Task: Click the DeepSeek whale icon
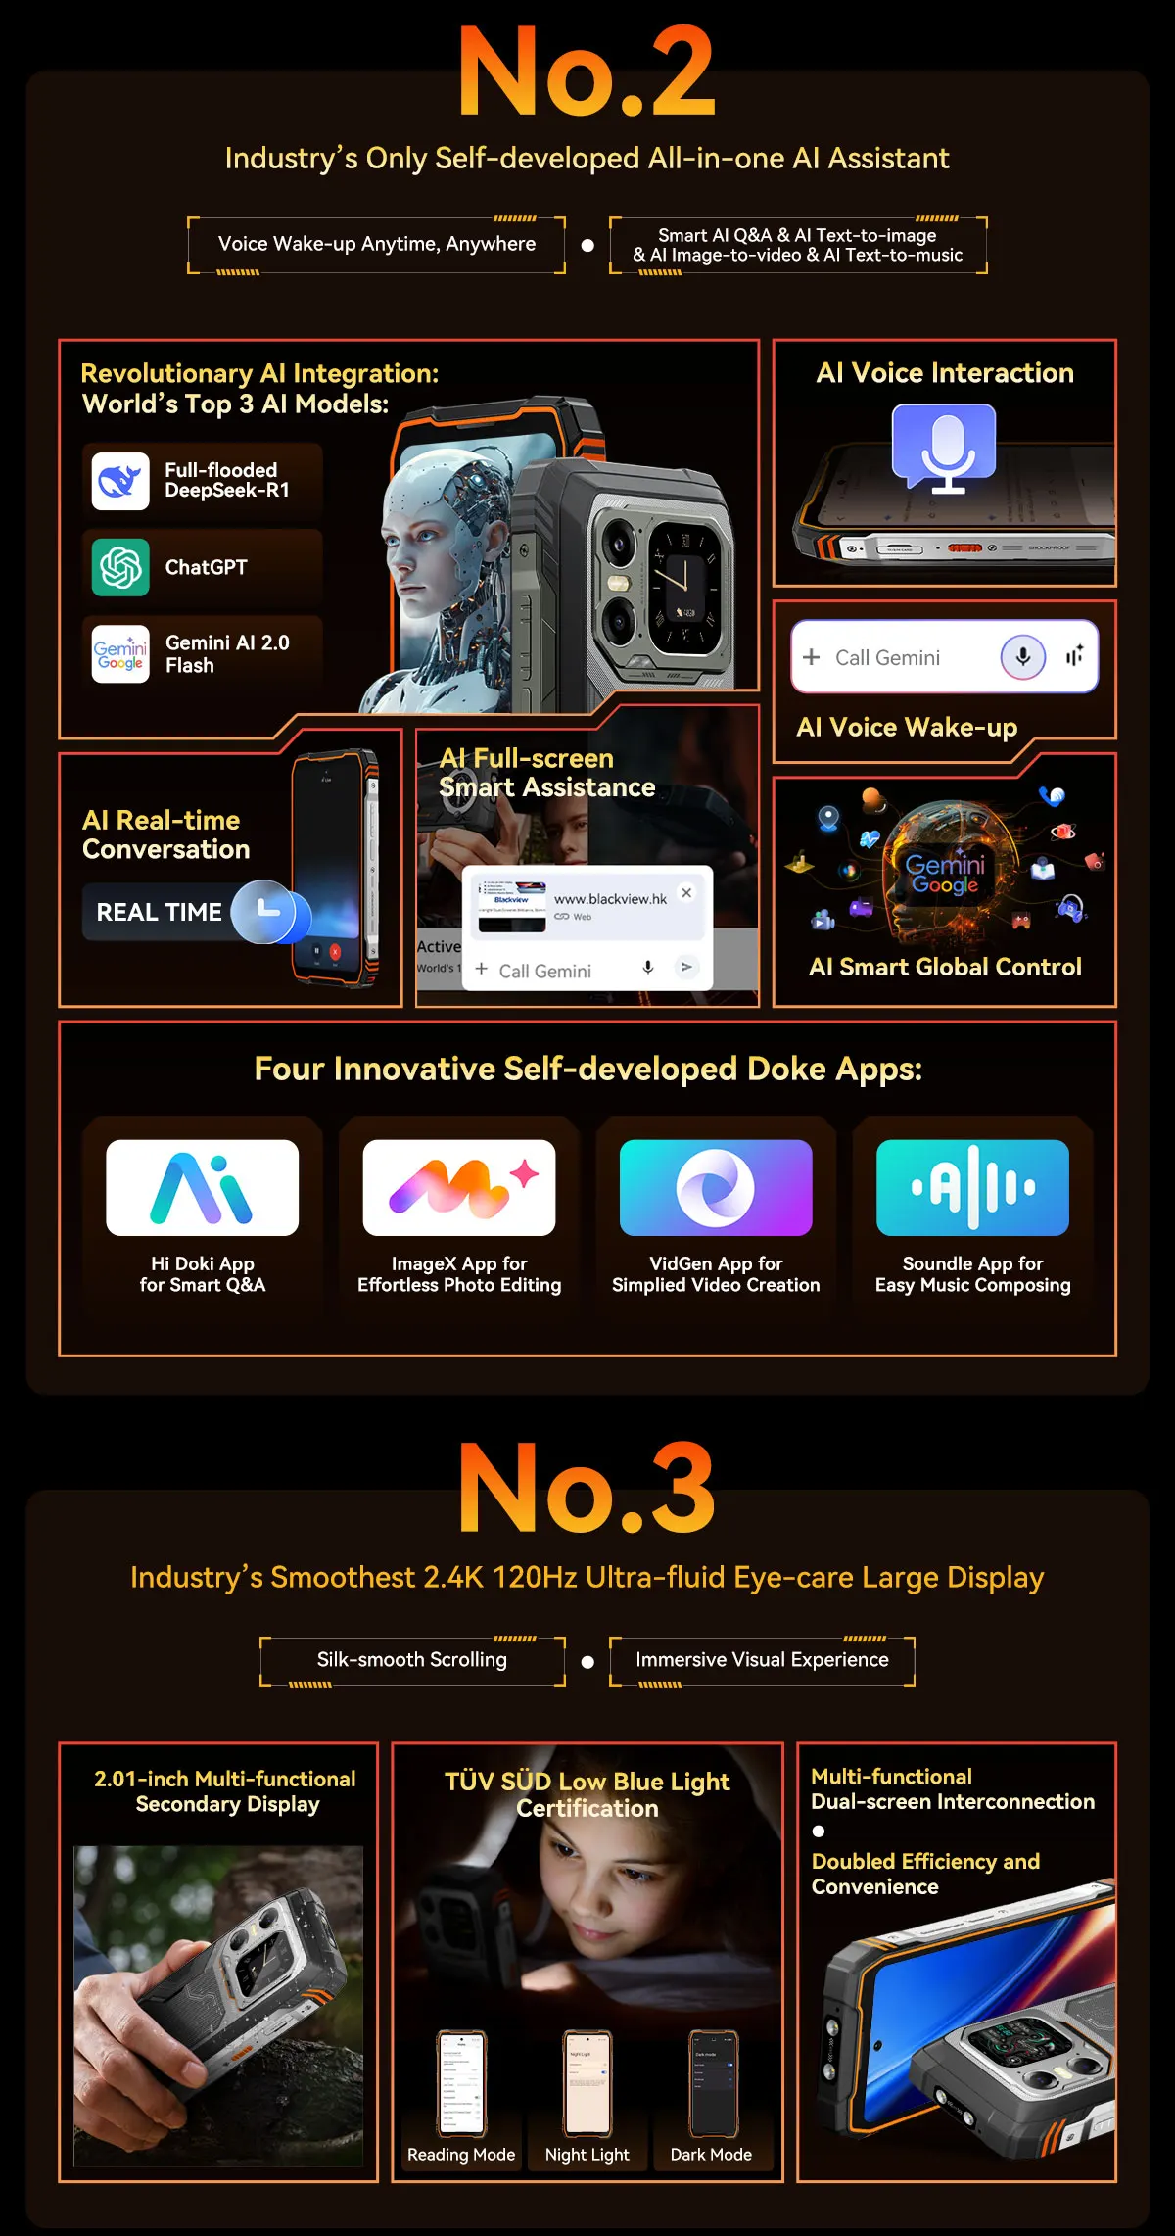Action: pyautogui.click(x=120, y=481)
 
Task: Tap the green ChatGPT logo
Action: pyautogui.click(x=120, y=567)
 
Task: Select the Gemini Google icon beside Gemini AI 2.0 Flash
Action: pyautogui.click(x=120, y=653)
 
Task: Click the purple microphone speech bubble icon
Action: pyautogui.click(x=944, y=447)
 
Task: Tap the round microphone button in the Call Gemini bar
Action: pyautogui.click(x=1022, y=657)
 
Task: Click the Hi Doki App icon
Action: pyautogui.click(x=202, y=1187)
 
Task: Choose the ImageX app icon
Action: pyautogui.click(x=458, y=1187)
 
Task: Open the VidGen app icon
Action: pyautogui.click(x=716, y=1187)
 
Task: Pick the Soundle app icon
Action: pyautogui.click(x=972, y=1187)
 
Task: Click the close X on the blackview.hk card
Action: pyautogui.click(x=686, y=892)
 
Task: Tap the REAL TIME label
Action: pyautogui.click(x=159, y=912)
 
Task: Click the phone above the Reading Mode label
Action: pyautogui.click(x=461, y=2082)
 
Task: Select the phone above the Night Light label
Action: pyautogui.click(x=587, y=2082)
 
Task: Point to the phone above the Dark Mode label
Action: pyautogui.click(x=712, y=2082)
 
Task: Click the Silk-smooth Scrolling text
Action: pyautogui.click(x=411, y=1659)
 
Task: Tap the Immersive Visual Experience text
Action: pyautogui.click(x=762, y=1659)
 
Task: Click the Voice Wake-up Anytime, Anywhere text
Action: pyautogui.click(x=377, y=244)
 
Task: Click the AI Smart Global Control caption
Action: pyautogui.click(x=945, y=967)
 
